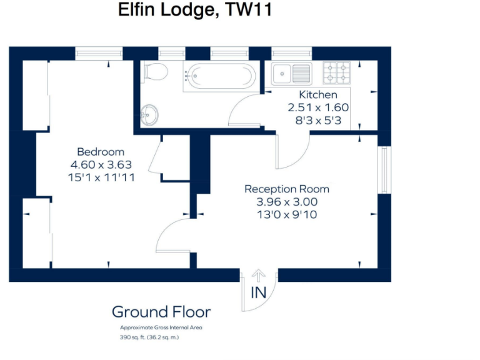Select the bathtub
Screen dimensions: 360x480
pyautogui.click(x=219, y=77)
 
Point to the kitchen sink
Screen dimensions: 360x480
pyautogui.click(x=291, y=73)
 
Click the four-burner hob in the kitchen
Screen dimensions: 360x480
pyautogui.click(x=336, y=73)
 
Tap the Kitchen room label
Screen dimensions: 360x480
pyautogui.click(x=317, y=95)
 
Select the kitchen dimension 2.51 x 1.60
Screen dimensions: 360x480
pyautogui.click(x=317, y=107)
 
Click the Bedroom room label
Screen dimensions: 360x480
pyautogui.click(x=101, y=152)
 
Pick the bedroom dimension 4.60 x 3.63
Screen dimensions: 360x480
pyautogui.click(x=101, y=165)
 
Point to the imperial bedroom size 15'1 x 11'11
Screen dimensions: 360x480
pyautogui.click(x=101, y=177)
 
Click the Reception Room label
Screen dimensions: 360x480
pyautogui.click(x=287, y=189)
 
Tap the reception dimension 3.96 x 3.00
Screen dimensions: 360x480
pyautogui.click(x=287, y=202)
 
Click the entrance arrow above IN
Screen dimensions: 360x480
pyautogui.click(x=259, y=276)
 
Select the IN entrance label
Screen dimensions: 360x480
pyautogui.click(x=259, y=292)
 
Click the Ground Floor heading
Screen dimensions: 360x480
pyautogui.click(x=161, y=312)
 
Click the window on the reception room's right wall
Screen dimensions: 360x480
pyautogui.click(x=384, y=170)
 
